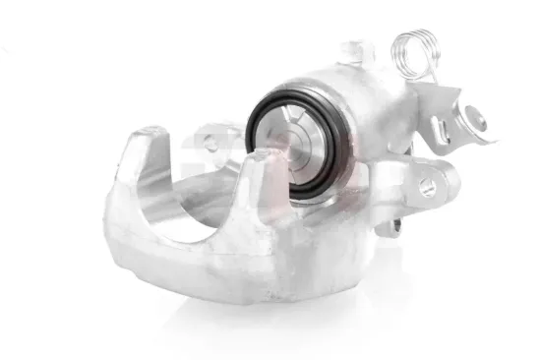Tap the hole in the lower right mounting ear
click(428, 186)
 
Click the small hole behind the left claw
click(210, 145)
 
